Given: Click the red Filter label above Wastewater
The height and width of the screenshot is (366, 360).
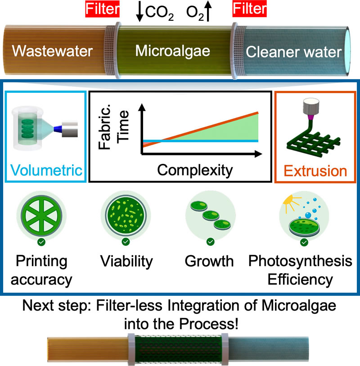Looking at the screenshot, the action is (x=103, y=9).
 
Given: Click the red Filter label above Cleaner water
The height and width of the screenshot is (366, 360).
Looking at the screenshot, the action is (x=249, y=9).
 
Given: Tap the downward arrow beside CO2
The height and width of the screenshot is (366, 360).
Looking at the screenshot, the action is (x=139, y=12).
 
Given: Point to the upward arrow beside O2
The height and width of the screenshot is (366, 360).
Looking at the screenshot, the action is (x=208, y=11).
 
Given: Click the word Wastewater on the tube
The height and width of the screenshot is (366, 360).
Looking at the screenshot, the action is (x=52, y=51).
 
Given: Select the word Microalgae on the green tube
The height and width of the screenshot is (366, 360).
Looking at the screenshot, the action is (x=173, y=51).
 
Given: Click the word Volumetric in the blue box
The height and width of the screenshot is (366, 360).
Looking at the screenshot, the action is (x=46, y=170).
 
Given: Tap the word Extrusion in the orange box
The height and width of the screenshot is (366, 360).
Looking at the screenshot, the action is (x=315, y=171).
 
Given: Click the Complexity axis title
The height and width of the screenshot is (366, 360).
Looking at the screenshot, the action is (x=195, y=171).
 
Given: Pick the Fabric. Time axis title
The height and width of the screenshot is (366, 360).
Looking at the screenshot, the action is (x=113, y=127).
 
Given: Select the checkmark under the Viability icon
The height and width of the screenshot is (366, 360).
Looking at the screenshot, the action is (x=126, y=242).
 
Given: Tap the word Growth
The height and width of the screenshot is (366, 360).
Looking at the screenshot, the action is (x=209, y=261).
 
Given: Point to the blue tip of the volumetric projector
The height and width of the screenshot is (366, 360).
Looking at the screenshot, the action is (x=58, y=129).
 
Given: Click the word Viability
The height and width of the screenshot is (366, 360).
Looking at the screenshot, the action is (x=126, y=262).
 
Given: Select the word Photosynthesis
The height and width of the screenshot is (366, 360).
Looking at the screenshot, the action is (x=300, y=261).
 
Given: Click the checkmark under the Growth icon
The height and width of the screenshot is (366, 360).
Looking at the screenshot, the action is (x=211, y=242).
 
